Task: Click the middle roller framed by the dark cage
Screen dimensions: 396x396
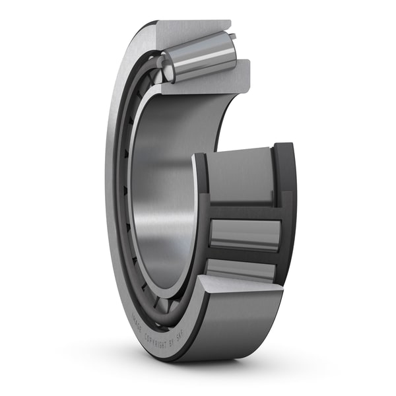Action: tap(244, 234)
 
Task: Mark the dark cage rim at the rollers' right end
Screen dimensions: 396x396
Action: tap(287, 211)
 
